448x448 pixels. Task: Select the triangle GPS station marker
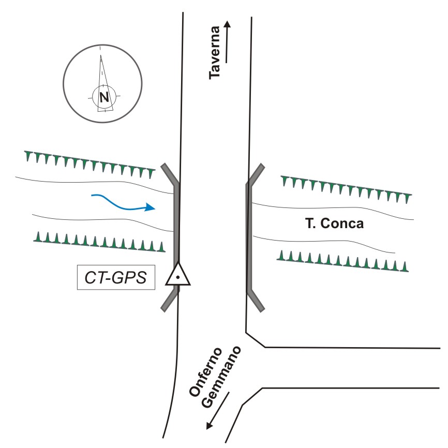(177, 275)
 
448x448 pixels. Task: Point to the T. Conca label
(334, 225)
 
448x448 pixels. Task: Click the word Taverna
(215, 53)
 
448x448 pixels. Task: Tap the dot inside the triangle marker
(177, 278)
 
